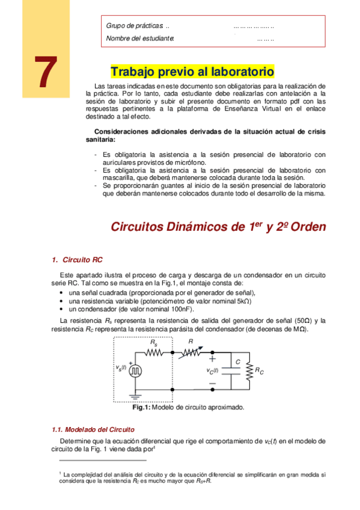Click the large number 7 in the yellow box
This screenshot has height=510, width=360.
click(x=41, y=73)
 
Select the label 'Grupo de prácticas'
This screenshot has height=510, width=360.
click(x=135, y=26)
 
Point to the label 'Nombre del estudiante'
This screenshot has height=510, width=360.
click(x=140, y=38)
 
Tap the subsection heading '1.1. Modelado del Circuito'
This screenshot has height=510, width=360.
click(x=93, y=429)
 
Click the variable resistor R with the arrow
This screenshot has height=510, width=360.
click(x=191, y=352)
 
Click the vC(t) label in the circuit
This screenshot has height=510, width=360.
click(x=213, y=370)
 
